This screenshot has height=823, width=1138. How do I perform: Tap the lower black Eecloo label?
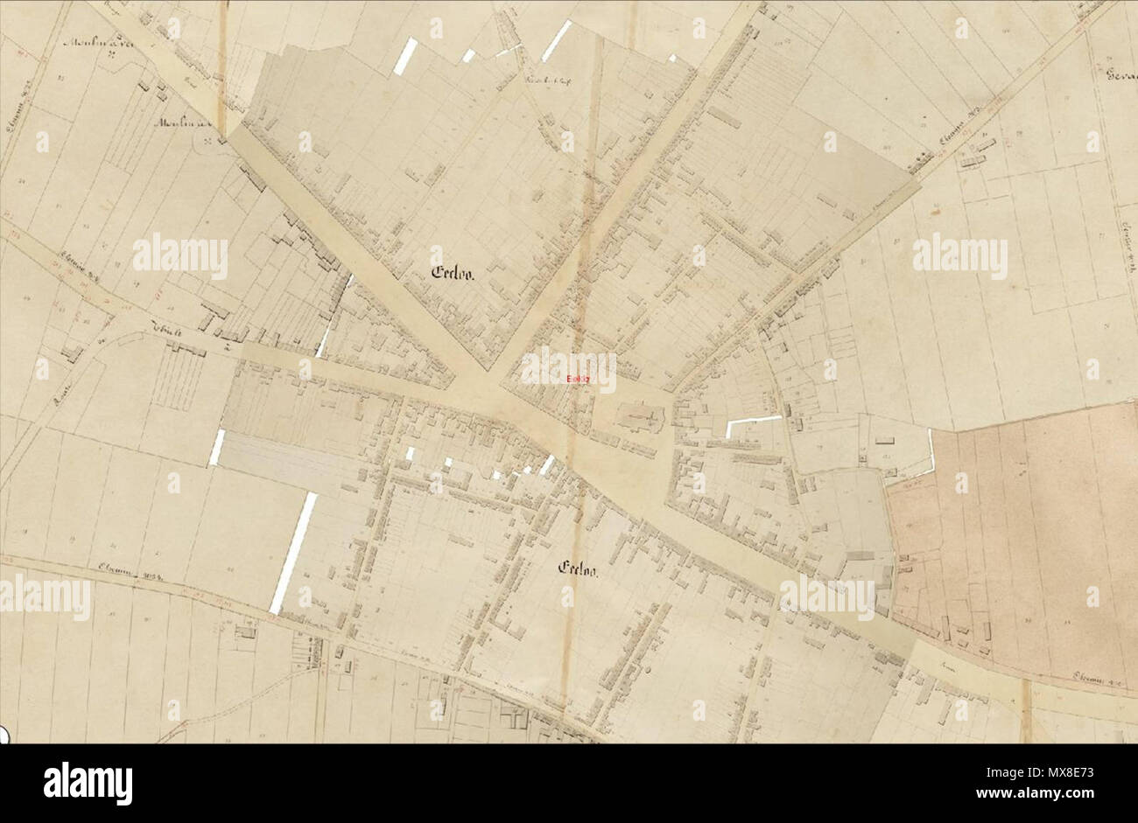click(578, 569)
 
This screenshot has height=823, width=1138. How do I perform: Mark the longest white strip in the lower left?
click(292, 553)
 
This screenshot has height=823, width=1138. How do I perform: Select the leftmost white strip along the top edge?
click(405, 56)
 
